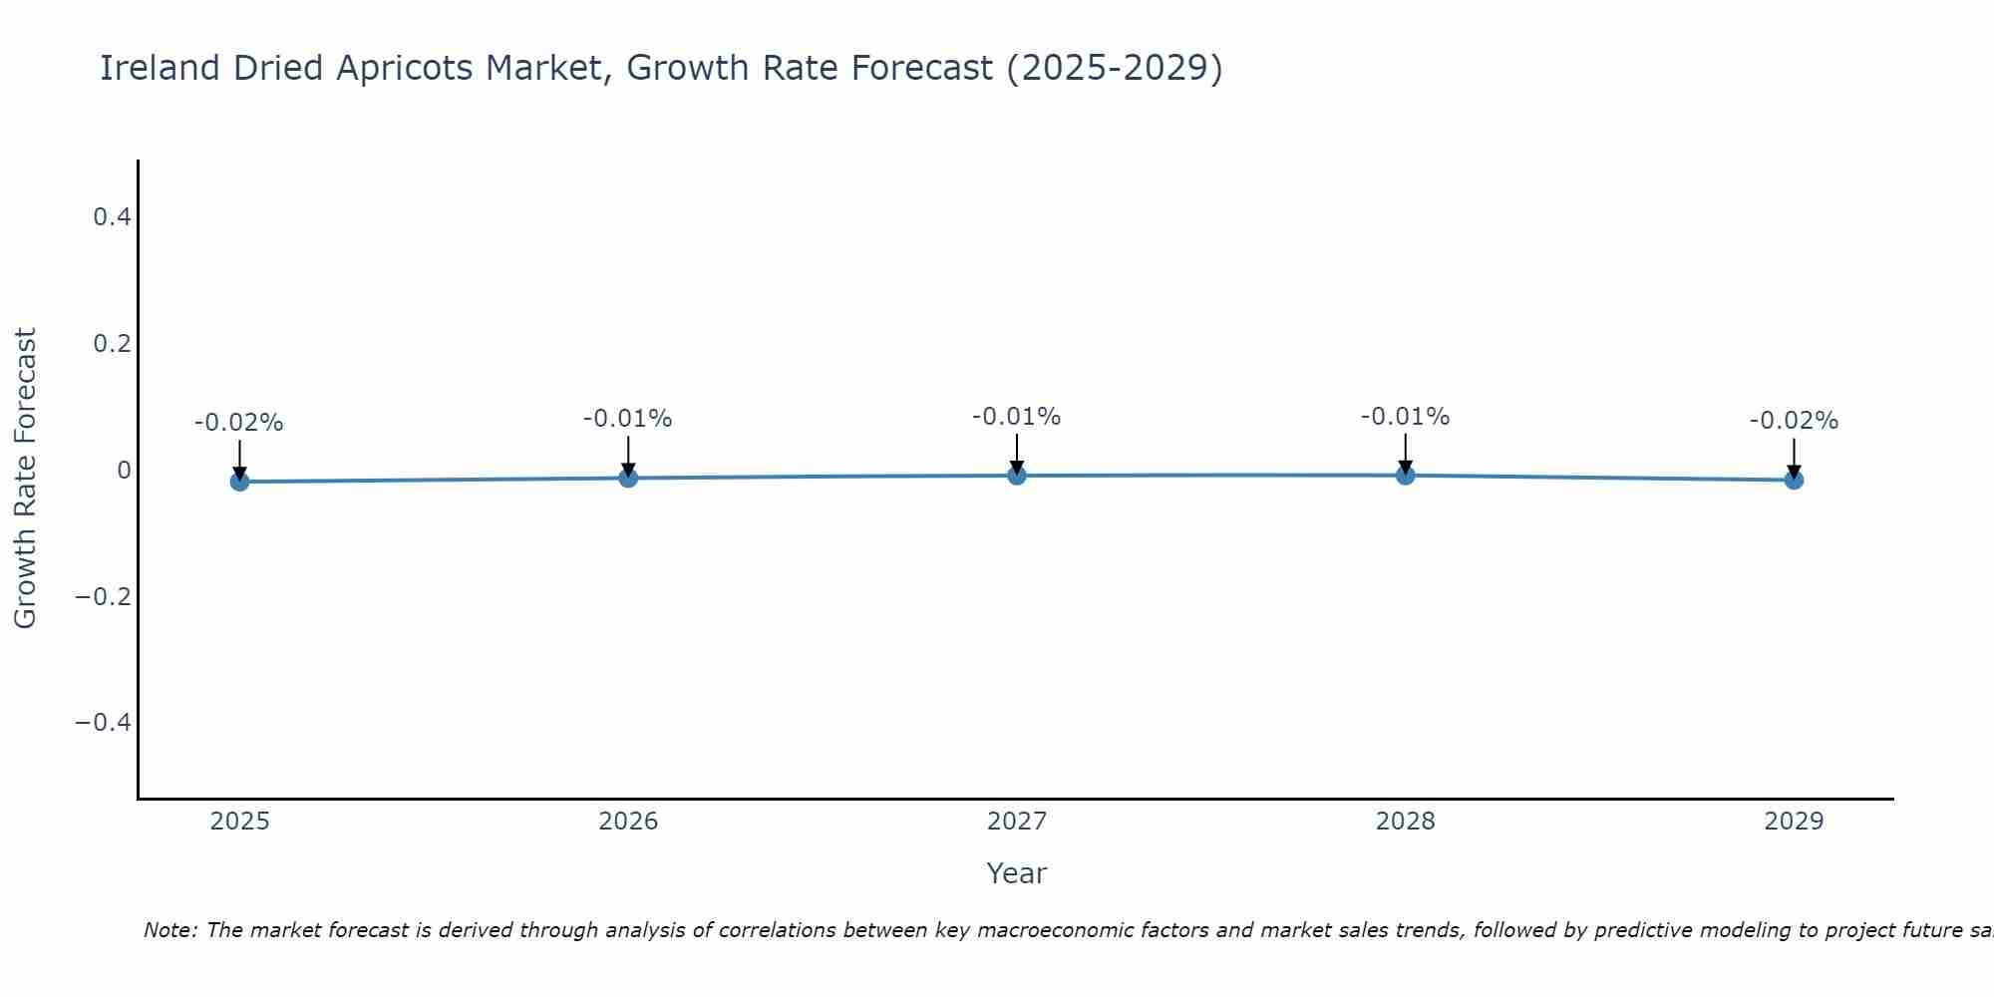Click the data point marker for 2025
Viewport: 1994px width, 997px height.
click(239, 482)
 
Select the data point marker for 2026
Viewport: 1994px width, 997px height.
click(628, 478)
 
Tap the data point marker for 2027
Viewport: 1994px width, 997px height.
click(1017, 476)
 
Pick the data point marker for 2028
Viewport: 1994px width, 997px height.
click(1405, 475)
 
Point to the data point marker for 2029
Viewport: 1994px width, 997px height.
click(1794, 480)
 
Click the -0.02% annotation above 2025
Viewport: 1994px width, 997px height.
click(239, 423)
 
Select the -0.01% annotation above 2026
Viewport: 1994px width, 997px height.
click(628, 419)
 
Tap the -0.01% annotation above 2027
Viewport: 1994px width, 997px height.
click(1017, 417)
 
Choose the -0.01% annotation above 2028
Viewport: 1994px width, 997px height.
click(1405, 417)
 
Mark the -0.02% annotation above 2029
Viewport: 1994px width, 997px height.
click(1794, 421)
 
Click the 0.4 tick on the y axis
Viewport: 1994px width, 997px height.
click(112, 216)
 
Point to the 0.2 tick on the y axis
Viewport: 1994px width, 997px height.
click(112, 343)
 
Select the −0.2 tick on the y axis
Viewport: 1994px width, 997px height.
click(104, 596)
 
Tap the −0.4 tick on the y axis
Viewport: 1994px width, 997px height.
click(104, 722)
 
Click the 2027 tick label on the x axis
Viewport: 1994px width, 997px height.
click(1017, 822)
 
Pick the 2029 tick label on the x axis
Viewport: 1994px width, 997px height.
click(1794, 822)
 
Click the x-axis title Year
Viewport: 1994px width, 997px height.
click(1017, 873)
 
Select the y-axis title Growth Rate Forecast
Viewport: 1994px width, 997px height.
click(25, 479)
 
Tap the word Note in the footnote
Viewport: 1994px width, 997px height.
click(169, 930)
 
